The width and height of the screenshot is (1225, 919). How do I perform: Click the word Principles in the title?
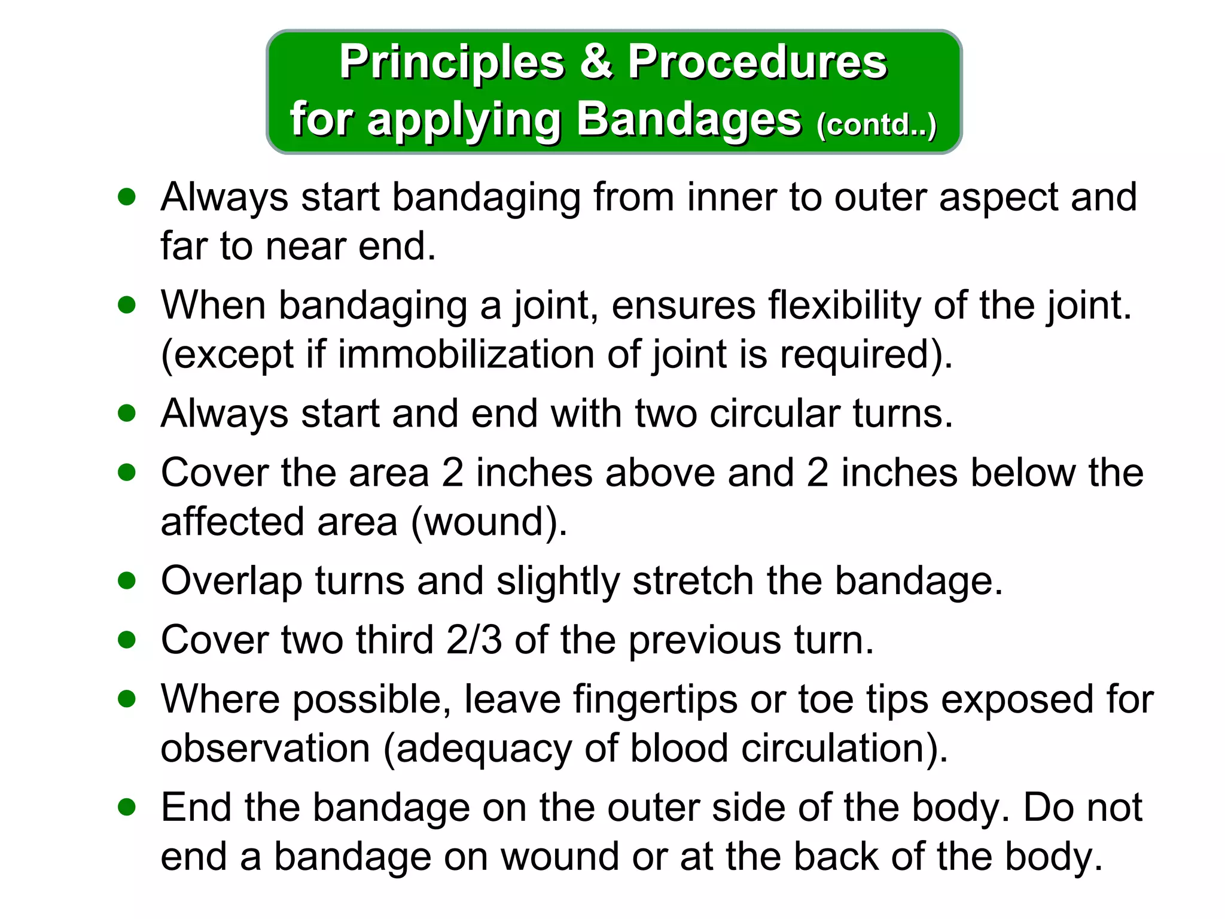click(452, 63)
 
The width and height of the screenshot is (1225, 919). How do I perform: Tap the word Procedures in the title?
click(757, 63)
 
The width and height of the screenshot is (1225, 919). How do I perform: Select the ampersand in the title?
click(596, 62)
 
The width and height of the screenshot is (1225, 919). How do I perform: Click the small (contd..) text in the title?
click(876, 125)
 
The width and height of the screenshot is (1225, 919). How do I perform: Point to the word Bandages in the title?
click(688, 120)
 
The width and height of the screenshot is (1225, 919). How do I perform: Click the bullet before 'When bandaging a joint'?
click(127, 305)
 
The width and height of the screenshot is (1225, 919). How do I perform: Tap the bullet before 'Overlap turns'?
click(127, 580)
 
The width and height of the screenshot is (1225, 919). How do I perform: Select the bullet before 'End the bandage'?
click(127, 808)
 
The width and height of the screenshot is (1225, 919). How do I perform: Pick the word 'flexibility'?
click(844, 306)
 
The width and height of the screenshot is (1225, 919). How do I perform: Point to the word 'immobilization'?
click(466, 354)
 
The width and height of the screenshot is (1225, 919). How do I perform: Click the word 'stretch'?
click(693, 581)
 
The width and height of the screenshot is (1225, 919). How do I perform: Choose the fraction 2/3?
click(474, 640)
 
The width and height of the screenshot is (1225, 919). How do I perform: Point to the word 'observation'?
click(266, 748)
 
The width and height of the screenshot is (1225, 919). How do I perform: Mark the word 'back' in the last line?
click(836, 856)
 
